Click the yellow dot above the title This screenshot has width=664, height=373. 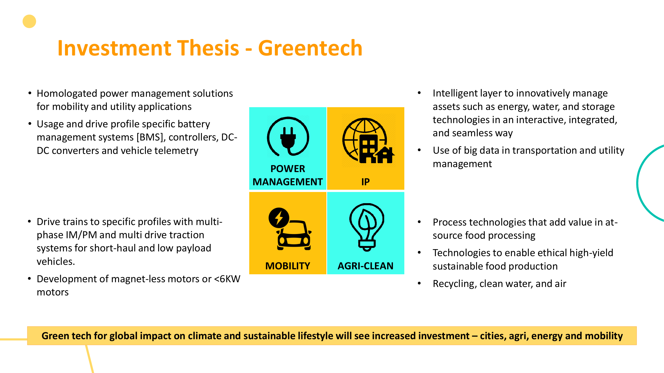29,21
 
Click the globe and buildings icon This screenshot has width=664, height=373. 368,140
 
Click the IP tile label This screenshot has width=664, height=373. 365,182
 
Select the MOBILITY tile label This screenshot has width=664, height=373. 288,266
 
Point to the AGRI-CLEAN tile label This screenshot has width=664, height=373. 365,266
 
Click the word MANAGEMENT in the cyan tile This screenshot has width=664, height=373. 288,182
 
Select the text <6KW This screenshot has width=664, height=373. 227,279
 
